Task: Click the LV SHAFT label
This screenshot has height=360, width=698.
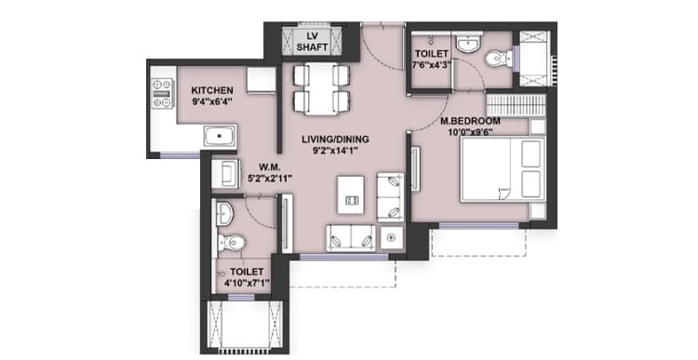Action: [312, 42]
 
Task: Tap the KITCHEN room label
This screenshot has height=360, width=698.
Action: [212, 90]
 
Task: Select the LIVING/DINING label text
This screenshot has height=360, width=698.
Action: [335, 140]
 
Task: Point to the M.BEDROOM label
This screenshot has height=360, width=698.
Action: [470, 121]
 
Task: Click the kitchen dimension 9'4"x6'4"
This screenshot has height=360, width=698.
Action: [212, 102]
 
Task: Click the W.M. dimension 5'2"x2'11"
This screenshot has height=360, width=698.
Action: [269, 179]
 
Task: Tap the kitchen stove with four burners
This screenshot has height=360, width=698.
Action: [162, 93]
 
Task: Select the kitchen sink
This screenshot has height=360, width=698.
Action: [220, 136]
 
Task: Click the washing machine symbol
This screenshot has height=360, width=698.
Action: [226, 173]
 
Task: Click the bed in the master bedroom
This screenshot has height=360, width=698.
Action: [503, 169]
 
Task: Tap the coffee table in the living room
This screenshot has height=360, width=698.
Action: [351, 194]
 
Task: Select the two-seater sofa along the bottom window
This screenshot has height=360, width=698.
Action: [351, 238]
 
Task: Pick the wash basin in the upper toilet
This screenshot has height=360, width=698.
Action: [469, 44]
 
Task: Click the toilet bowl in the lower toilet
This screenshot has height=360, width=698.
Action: [232, 243]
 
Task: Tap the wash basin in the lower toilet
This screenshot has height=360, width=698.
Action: [224, 214]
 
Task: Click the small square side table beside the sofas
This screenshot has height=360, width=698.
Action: [392, 237]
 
